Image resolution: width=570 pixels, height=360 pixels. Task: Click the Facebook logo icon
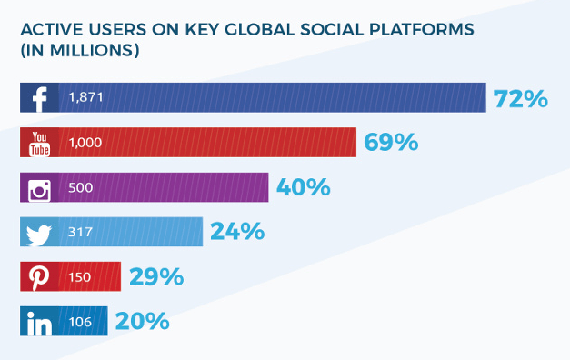pyautogui.click(x=40, y=98)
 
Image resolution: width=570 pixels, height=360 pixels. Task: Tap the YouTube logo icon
pyautogui.click(x=40, y=143)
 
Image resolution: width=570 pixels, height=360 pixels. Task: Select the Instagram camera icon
pyautogui.click(x=40, y=188)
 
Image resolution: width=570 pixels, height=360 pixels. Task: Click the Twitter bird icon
pyautogui.click(x=40, y=233)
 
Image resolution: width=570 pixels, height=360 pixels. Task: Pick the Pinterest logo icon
pyautogui.click(x=40, y=276)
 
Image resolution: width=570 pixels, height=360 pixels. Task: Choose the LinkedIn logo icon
pyautogui.click(x=40, y=321)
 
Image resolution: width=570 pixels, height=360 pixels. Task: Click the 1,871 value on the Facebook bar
pyautogui.click(x=84, y=98)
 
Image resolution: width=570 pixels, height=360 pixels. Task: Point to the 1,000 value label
pyautogui.click(x=85, y=143)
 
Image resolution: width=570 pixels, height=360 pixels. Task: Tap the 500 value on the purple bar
pyautogui.click(x=80, y=188)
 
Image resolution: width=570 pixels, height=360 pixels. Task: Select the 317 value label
pyautogui.click(x=79, y=233)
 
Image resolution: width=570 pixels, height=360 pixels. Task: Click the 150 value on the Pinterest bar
pyautogui.click(x=80, y=276)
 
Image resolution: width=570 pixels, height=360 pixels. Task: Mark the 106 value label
pyautogui.click(x=80, y=321)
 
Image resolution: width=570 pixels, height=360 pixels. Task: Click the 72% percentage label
pyautogui.click(x=520, y=98)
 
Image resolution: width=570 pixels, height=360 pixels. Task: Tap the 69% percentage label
pyautogui.click(x=391, y=143)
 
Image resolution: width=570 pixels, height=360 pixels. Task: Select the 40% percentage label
pyautogui.click(x=303, y=188)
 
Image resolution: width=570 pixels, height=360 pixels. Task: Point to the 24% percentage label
pyautogui.click(x=237, y=233)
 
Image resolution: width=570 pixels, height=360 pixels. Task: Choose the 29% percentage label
pyautogui.click(x=156, y=276)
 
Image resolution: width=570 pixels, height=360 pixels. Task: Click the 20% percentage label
pyautogui.click(x=143, y=321)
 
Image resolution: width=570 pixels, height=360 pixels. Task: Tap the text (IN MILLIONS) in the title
pyautogui.click(x=79, y=52)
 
